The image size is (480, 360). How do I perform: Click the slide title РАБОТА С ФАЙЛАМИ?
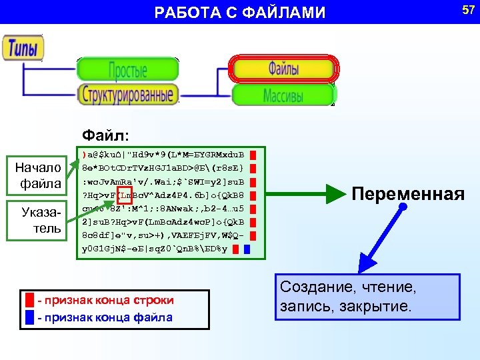[x=240, y=13]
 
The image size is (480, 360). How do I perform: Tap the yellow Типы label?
[x=23, y=48]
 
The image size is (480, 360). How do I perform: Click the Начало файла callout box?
[x=41, y=175]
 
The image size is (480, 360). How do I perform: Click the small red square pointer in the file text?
[x=125, y=195]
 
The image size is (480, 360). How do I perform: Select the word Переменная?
[x=408, y=194]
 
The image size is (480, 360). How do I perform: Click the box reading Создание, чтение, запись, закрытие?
[x=367, y=297]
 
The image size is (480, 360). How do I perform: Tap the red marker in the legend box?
[x=30, y=300]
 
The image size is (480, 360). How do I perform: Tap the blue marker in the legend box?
[x=30, y=317]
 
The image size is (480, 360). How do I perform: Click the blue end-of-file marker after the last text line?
[x=247, y=250]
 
